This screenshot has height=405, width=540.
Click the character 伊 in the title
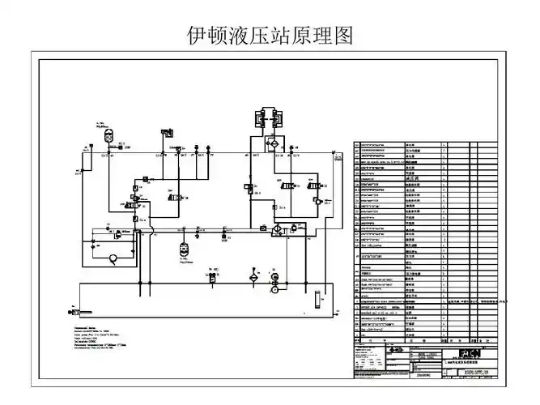click(197, 36)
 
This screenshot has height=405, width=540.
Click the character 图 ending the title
click(343, 36)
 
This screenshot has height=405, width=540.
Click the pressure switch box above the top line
click(167, 131)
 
